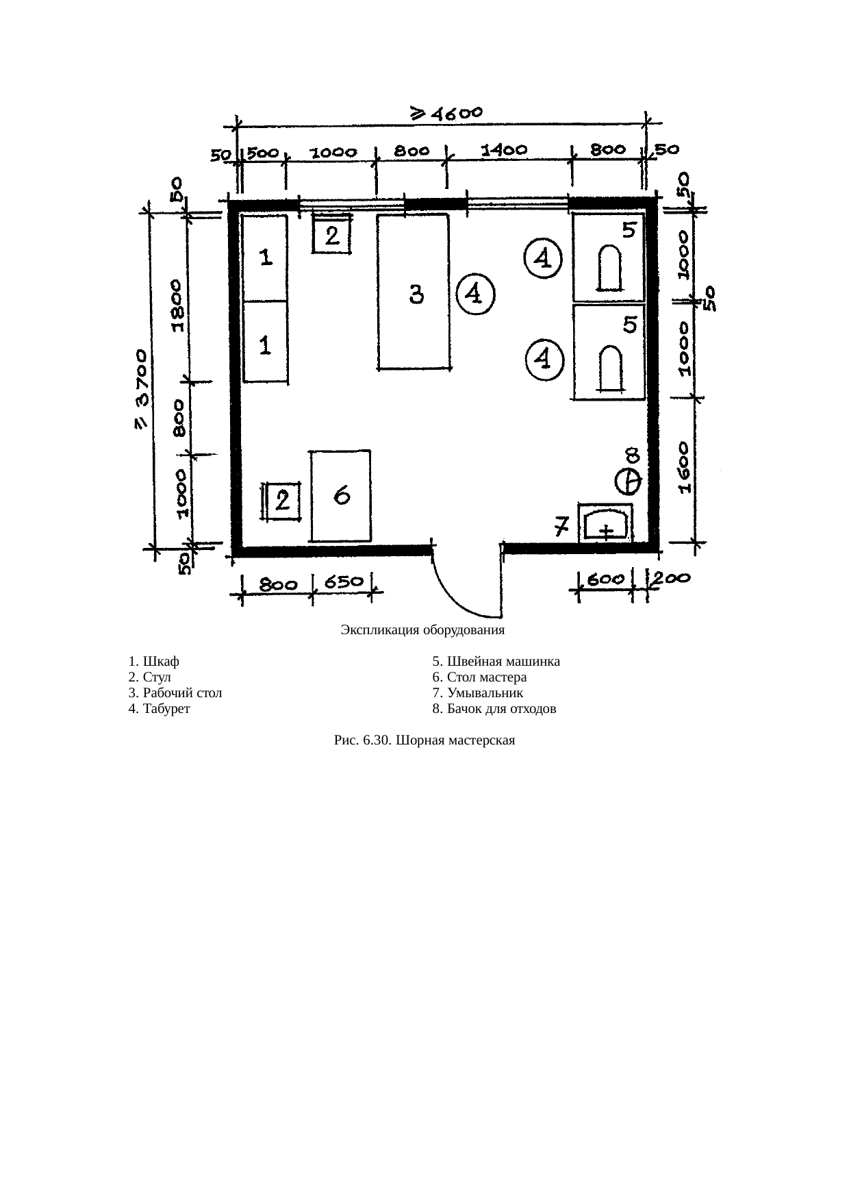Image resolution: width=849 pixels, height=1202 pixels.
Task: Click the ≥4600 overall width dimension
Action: pos(446,113)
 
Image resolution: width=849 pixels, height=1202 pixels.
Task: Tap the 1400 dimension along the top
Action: pos(505,150)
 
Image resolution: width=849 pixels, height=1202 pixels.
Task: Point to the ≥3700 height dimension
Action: pos(140,390)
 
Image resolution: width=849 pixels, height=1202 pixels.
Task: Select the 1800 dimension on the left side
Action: pos(177,305)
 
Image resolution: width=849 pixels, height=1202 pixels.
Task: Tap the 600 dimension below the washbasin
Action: pos(607,579)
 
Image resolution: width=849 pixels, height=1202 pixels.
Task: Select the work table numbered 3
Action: pos(414,292)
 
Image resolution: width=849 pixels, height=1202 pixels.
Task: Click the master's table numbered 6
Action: pos(341,496)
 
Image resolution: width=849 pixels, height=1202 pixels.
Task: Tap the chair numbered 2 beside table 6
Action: pos(282,502)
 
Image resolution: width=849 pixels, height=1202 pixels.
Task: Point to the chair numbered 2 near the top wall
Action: pos(332,234)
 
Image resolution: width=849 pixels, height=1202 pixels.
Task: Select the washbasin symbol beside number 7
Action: pos(606,524)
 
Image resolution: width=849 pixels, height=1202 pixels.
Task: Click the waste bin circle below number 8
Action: pos(628,481)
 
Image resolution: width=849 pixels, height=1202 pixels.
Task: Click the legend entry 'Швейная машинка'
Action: pos(496,662)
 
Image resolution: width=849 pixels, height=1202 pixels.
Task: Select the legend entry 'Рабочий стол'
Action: pos(175,693)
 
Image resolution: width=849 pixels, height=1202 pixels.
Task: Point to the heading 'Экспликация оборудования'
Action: pos(423,630)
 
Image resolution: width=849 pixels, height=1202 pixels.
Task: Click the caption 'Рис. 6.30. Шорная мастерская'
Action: pos(424,740)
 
